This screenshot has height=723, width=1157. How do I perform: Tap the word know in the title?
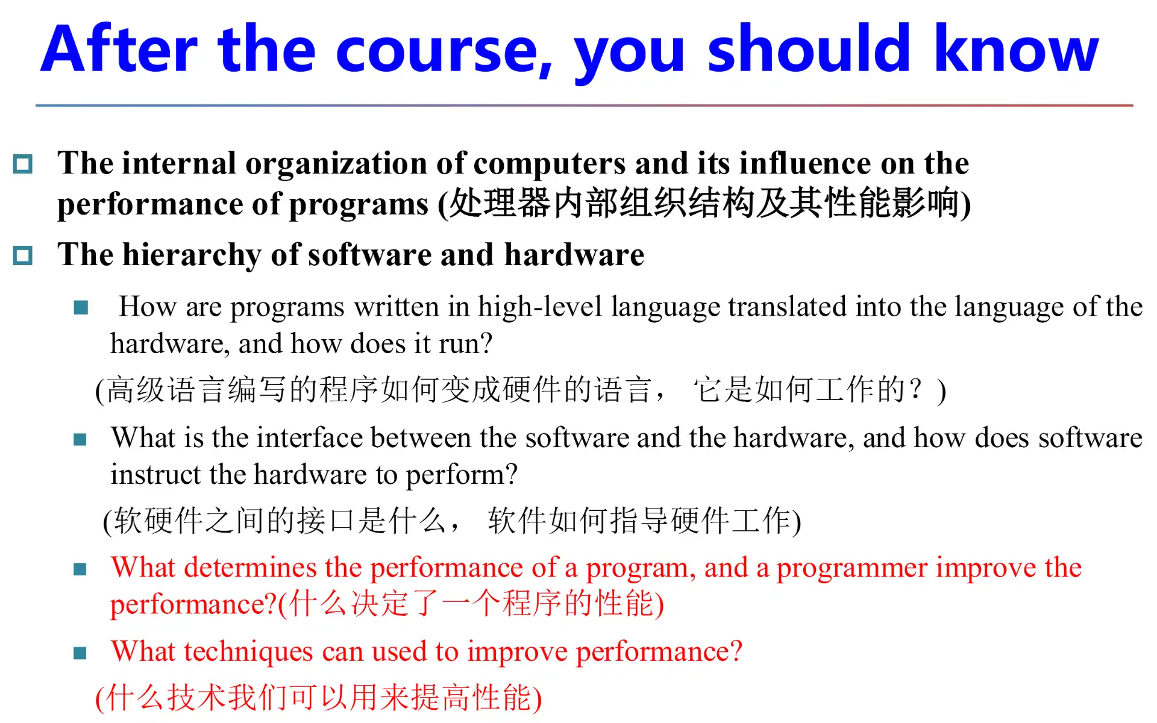coord(1017,48)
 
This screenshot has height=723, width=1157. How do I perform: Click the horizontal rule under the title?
coord(584,105)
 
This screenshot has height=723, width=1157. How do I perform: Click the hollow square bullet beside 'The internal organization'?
coord(23,164)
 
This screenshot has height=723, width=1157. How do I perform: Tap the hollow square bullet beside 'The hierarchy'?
coord(23,255)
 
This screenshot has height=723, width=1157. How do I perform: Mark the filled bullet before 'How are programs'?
coord(81,308)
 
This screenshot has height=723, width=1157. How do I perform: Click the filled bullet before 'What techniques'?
coord(80,653)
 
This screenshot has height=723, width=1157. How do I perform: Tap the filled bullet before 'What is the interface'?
coord(80,439)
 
